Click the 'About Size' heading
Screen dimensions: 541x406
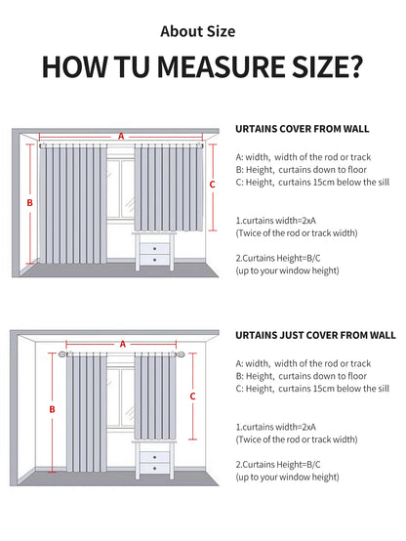[x=203, y=31]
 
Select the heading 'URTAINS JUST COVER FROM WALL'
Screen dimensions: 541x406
[x=315, y=334]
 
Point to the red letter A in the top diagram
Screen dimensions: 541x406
[x=121, y=137]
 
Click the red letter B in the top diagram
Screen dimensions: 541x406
[x=30, y=202]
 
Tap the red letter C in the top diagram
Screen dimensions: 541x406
[x=213, y=183]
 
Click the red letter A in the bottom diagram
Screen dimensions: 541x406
[x=123, y=344]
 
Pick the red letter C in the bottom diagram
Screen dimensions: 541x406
[x=193, y=395]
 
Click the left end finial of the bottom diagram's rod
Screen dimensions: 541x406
[x=60, y=357]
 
